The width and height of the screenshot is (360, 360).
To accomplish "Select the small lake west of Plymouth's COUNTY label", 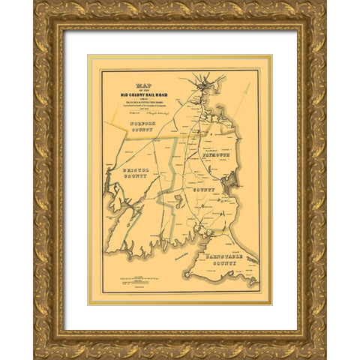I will pos(177,200).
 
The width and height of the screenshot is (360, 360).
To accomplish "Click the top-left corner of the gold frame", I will pos(35,3).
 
